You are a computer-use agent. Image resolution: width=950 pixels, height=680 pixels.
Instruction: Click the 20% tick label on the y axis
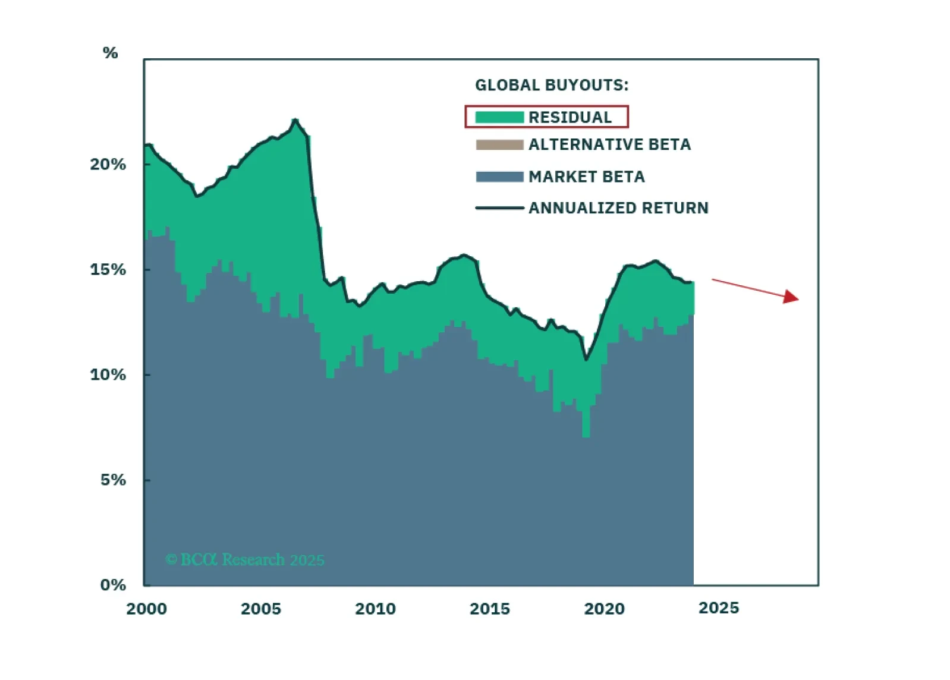click(x=108, y=165)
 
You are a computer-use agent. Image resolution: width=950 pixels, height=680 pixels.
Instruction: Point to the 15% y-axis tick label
click(x=108, y=270)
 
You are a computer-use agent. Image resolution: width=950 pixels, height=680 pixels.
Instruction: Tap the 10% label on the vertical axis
click(x=108, y=375)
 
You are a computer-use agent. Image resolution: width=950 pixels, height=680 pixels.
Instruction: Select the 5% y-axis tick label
click(x=113, y=480)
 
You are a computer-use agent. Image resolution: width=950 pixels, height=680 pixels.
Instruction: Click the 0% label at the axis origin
click(x=113, y=585)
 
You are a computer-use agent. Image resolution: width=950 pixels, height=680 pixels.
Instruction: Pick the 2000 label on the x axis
click(x=146, y=609)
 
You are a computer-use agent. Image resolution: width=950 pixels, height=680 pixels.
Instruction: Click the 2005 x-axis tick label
click(x=261, y=609)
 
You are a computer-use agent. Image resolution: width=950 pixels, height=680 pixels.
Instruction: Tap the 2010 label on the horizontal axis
click(x=375, y=609)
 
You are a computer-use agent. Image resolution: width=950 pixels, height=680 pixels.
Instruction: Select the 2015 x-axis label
click(x=490, y=609)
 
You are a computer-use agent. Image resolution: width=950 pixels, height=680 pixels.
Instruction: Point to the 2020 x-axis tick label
click(x=604, y=609)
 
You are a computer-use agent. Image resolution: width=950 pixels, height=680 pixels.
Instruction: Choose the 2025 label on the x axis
click(x=719, y=608)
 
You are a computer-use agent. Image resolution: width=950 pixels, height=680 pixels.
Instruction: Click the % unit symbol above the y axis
click(x=110, y=53)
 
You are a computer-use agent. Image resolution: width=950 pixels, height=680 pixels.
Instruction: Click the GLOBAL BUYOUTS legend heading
click(x=551, y=86)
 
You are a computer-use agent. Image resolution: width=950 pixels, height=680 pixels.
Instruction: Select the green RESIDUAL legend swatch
click(x=499, y=117)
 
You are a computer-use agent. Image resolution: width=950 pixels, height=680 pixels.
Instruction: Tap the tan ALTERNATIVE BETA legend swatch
click(x=499, y=144)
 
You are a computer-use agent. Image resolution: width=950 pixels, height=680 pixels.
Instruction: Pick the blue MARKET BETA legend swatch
click(x=499, y=177)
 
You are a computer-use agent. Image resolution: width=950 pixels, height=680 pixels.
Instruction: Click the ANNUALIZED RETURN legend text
click(x=618, y=208)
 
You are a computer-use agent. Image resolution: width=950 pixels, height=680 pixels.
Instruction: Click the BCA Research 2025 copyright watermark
click(x=245, y=560)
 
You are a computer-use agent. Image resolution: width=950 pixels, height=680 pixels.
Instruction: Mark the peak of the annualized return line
click(x=295, y=120)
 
